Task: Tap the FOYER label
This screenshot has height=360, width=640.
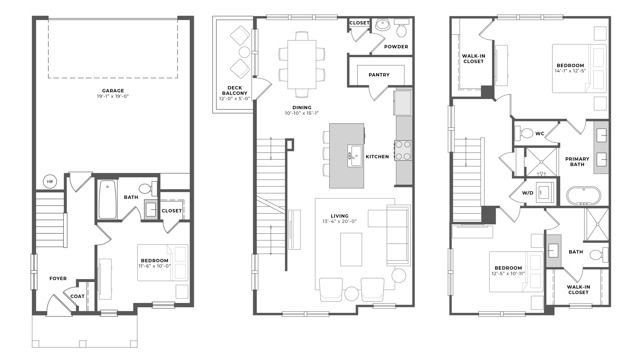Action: tap(44, 278)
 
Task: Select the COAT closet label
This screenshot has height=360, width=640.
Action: tap(77, 295)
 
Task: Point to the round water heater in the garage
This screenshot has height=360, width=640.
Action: tap(47, 181)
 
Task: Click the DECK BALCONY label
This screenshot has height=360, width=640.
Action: tap(234, 94)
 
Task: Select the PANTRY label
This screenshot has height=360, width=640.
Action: tap(379, 73)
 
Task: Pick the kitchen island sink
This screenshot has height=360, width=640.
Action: tap(354, 154)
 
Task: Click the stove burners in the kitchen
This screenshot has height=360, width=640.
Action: tap(404, 150)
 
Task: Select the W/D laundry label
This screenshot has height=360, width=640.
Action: tap(526, 192)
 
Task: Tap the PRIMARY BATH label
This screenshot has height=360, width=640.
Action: tap(578, 161)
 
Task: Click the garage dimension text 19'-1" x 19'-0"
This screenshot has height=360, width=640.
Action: tap(112, 97)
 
